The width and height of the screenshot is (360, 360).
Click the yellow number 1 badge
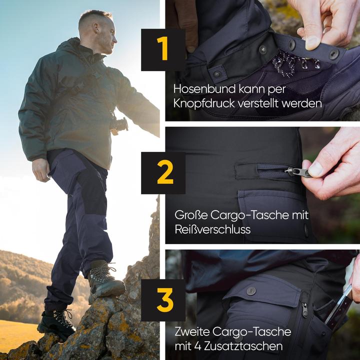pyautogui.click(x=163, y=49)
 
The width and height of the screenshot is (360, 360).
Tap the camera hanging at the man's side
pyautogui.click(x=120, y=125)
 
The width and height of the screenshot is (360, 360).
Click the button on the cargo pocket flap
pyautogui.click(x=251, y=291)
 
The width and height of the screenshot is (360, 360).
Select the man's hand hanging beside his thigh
pyautogui.click(x=41, y=170)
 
